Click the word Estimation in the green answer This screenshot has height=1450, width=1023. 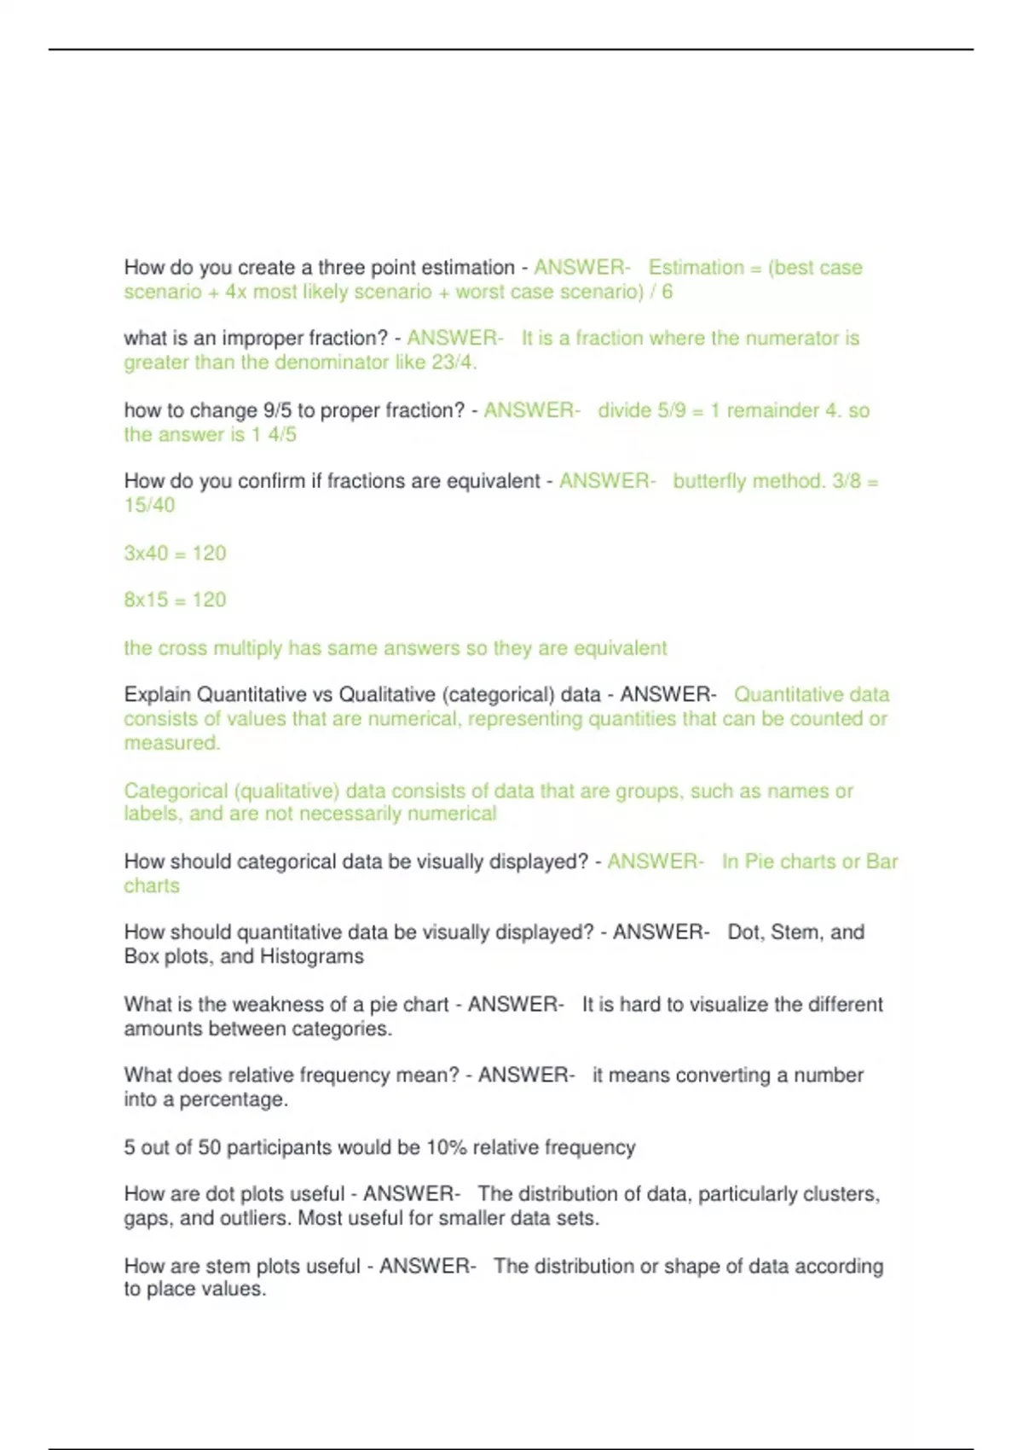tap(696, 268)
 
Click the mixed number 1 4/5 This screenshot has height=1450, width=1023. tap(274, 435)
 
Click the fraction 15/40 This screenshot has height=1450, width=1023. tap(149, 505)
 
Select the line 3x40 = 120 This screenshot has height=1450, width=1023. tap(175, 554)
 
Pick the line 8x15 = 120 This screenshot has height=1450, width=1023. tap(175, 600)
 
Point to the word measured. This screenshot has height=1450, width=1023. tap(171, 743)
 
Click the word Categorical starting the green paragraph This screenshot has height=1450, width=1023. tap(176, 792)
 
